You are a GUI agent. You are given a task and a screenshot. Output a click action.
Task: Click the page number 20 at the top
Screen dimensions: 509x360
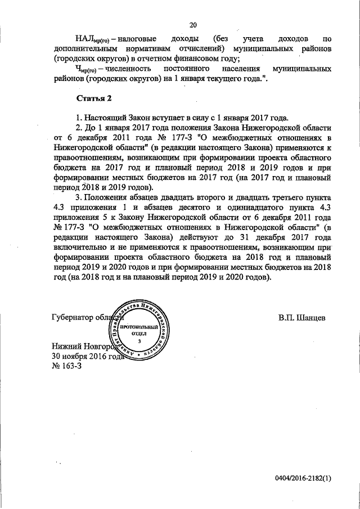click(x=193, y=25)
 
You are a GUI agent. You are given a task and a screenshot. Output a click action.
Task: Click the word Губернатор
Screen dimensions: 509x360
click(x=74, y=318)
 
